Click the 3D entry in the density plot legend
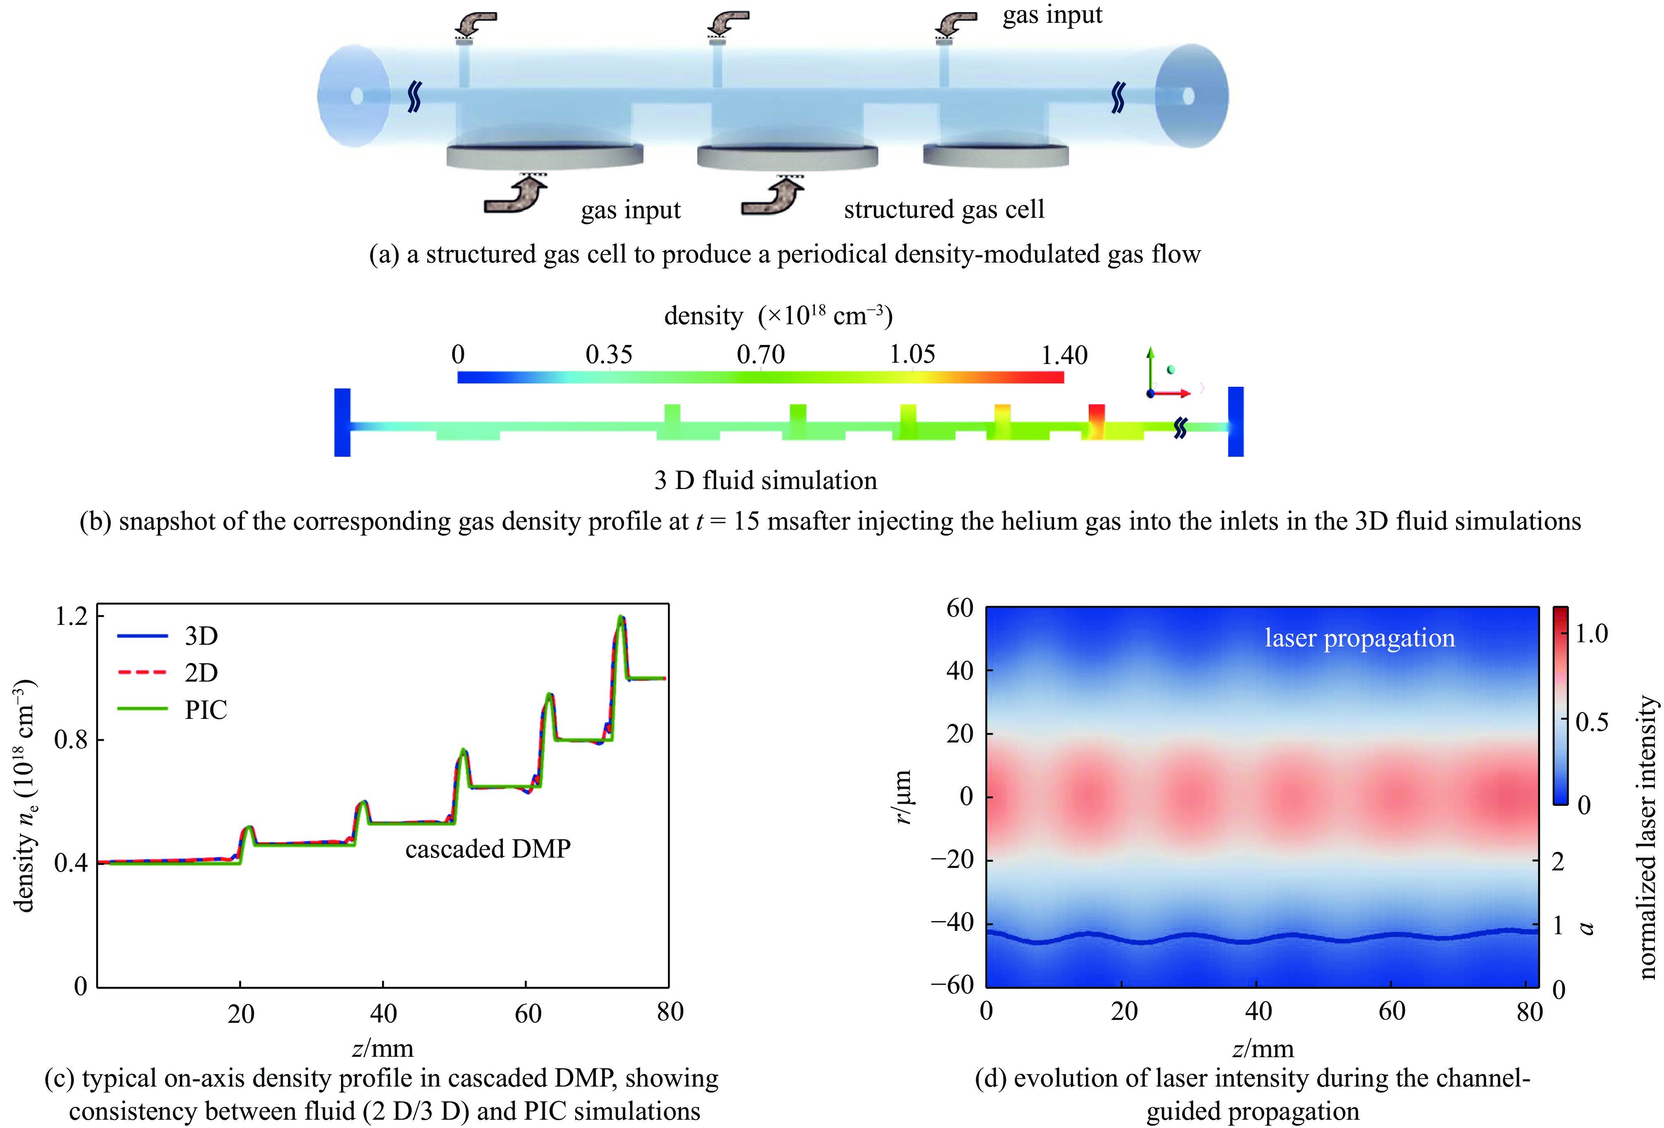click(201, 636)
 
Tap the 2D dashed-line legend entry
click(201, 673)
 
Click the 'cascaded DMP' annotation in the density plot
click(488, 849)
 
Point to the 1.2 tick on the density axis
click(72, 615)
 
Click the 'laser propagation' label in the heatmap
click(1359, 638)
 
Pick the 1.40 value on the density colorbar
click(1064, 355)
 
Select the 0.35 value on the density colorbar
click(609, 355)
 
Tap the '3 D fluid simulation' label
click(765, 480)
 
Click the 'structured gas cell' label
click(944, 209)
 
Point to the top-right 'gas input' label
click(1052, 15)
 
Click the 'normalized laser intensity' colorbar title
click(1647, 837)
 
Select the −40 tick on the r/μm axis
click(952, 923)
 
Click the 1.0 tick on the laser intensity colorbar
click(1591, 634)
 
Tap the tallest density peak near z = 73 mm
click(621, 617)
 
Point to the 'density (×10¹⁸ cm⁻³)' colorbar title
click(778, 316)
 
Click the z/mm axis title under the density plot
click(383, 1048)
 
